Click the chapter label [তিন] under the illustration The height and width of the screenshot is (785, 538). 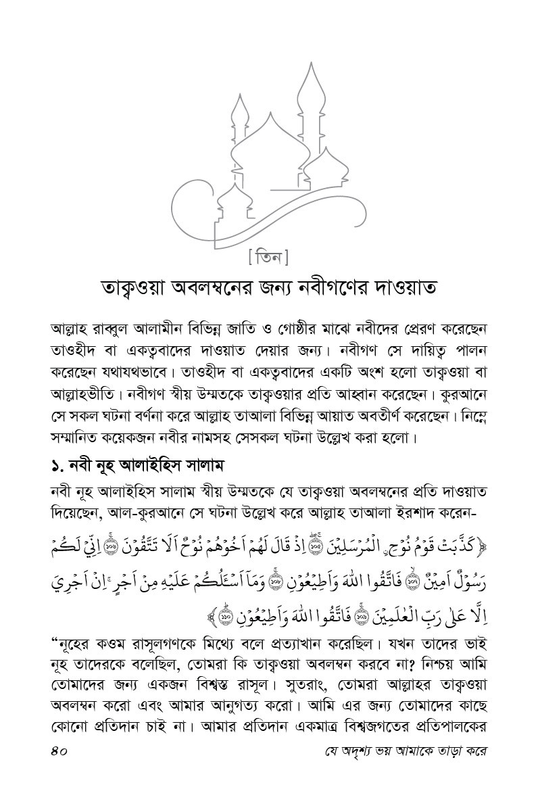coord(268,257)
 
